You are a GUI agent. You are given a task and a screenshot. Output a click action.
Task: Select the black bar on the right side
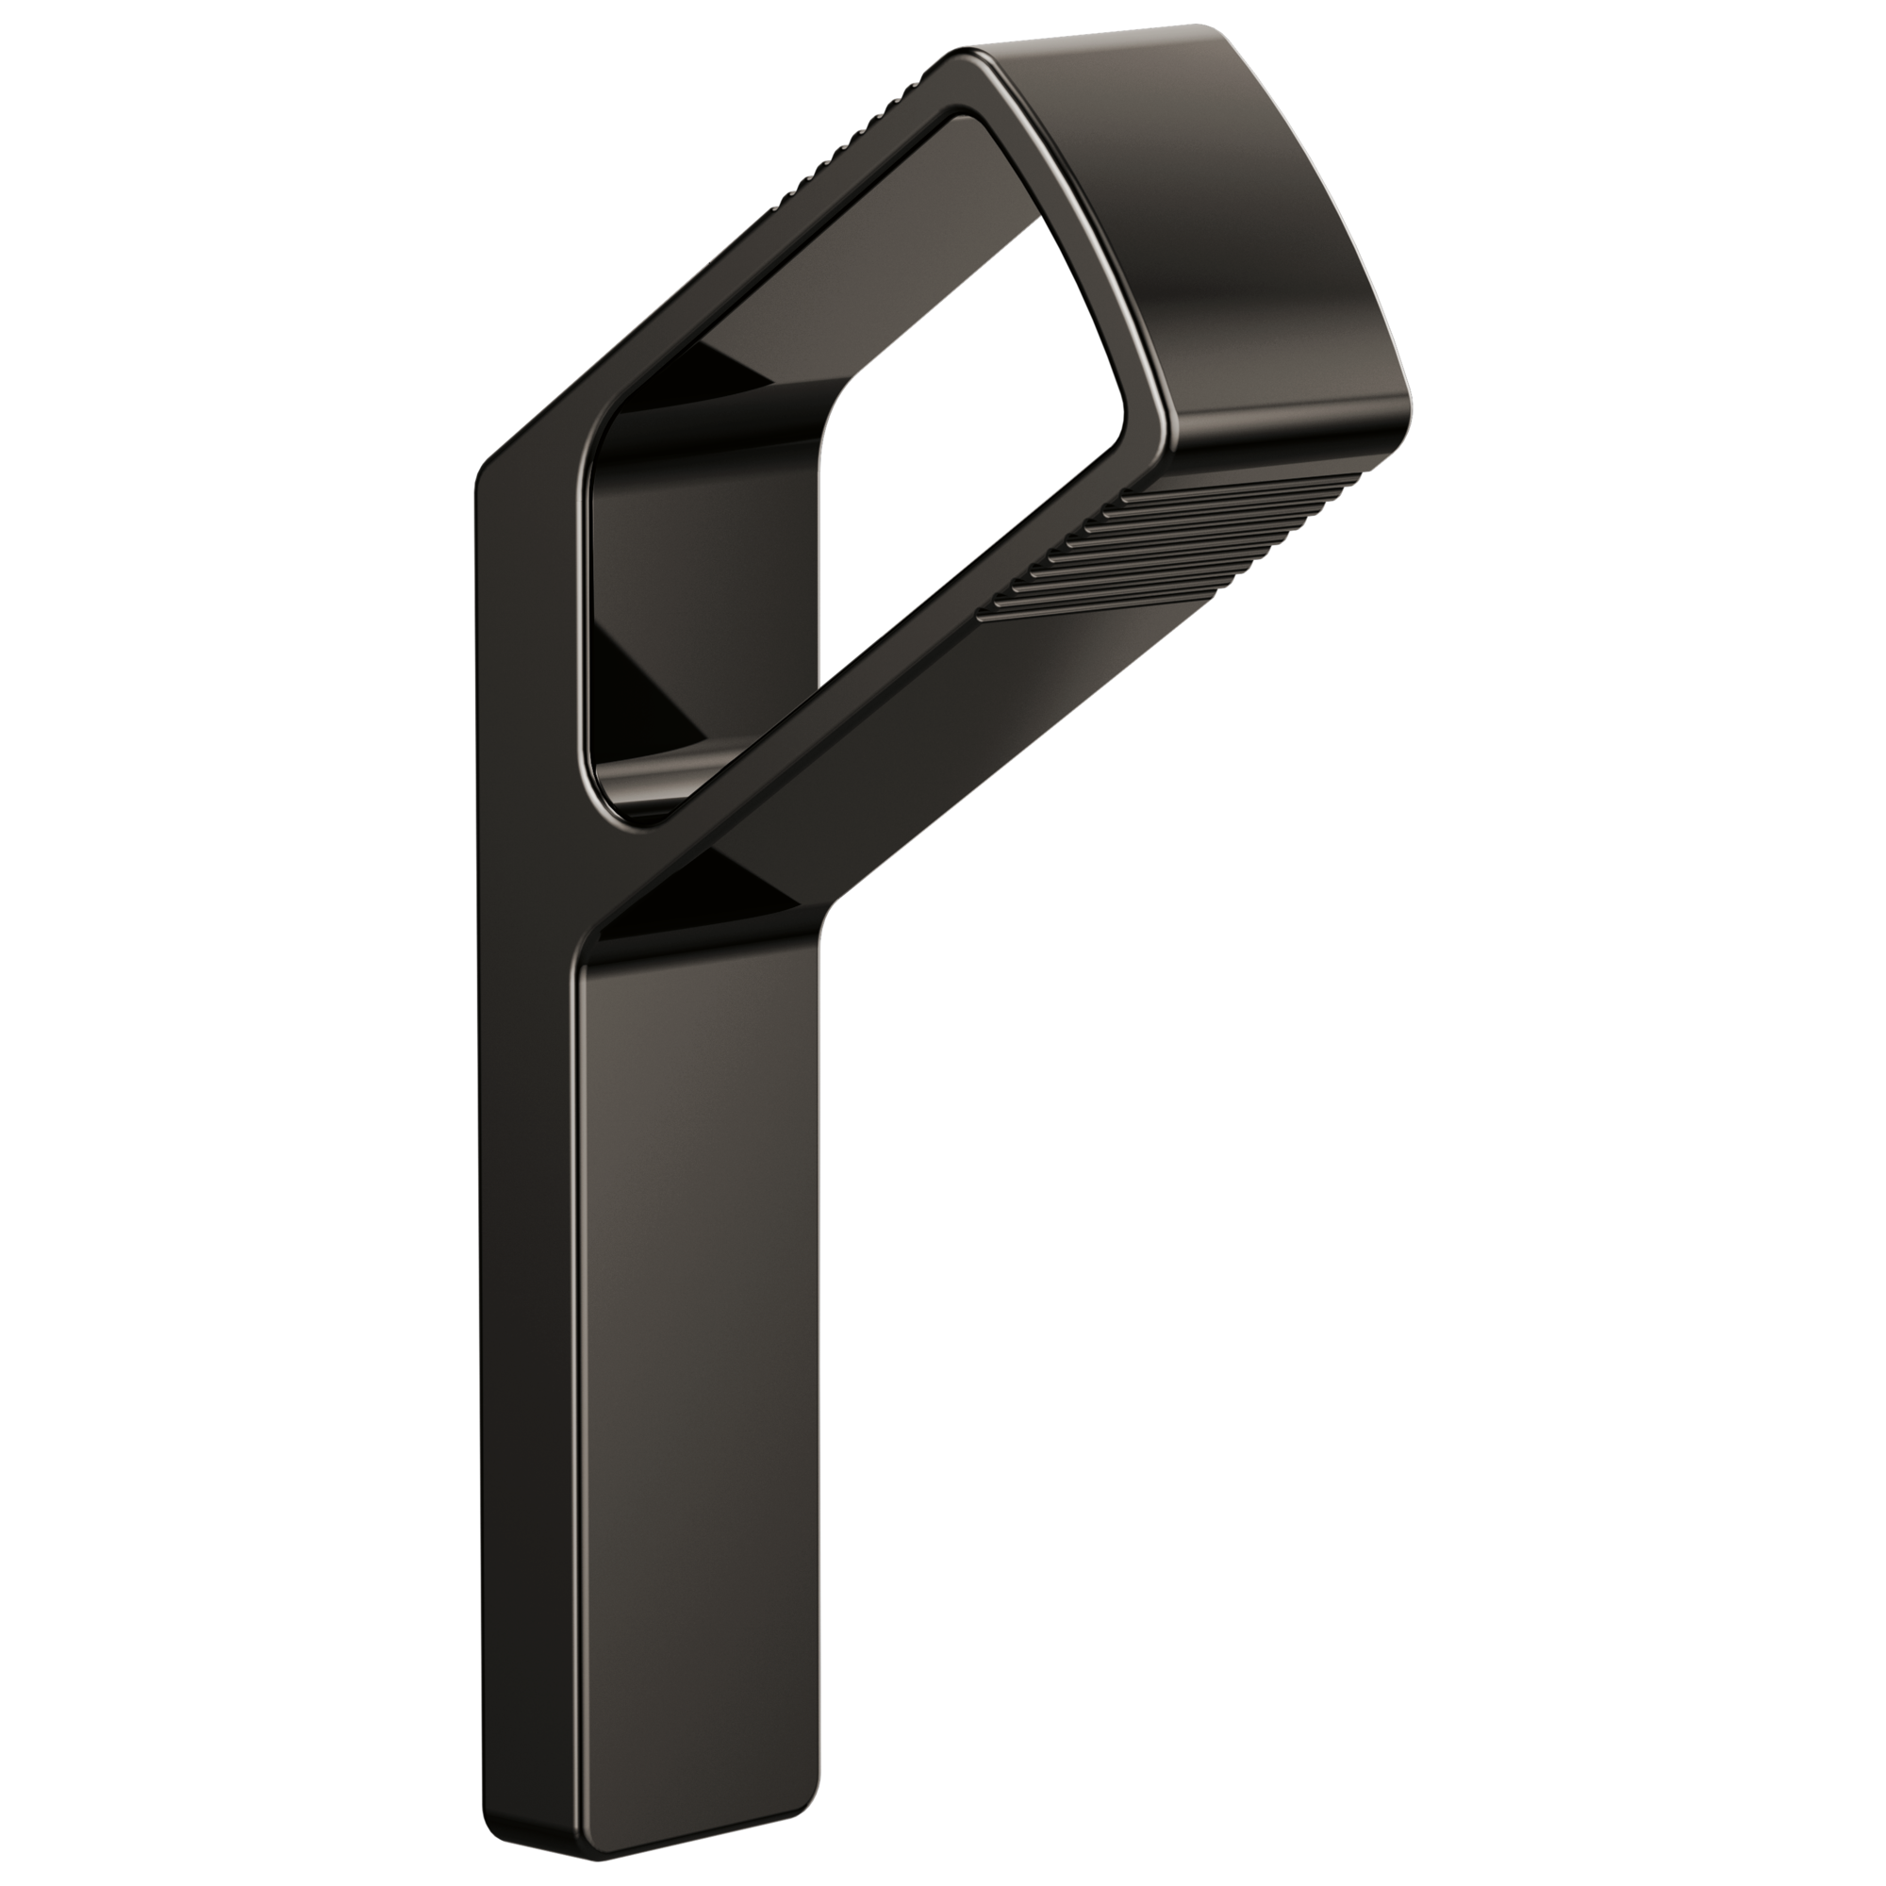click(1649, 943)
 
